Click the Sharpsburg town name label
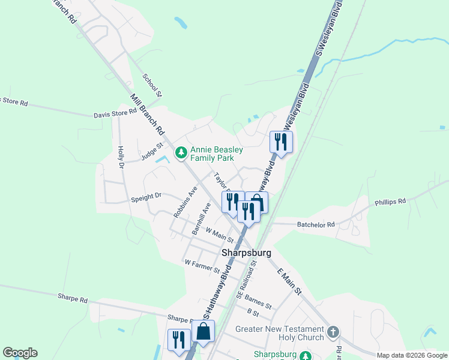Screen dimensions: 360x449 247,253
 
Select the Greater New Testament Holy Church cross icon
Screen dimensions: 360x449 334,332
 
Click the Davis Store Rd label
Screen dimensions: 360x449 115,113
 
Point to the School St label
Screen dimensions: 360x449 152,85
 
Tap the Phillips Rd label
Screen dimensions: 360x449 391,202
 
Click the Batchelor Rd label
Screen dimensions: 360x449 316,224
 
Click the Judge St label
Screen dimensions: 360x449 152,151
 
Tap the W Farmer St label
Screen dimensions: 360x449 202,266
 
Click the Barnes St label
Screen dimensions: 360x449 259,302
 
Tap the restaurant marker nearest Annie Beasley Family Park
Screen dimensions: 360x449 232,202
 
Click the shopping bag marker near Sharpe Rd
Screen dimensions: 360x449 203,332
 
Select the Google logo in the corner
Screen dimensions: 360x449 20,353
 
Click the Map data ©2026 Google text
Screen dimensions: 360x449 412,355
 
